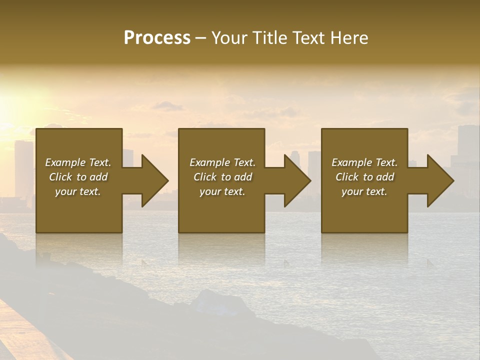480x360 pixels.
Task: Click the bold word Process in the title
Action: [x=157, y=38]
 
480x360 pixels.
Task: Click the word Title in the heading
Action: [x=267, y=38]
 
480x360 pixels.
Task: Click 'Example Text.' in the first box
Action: [x=78, y=162]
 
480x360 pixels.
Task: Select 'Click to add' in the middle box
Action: [x=222, y=177]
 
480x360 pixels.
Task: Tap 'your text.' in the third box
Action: [x=364, y=191]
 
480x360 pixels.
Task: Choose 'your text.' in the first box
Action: [x=78, y=191]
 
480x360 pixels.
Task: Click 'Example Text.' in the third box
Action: [x=364, y=162]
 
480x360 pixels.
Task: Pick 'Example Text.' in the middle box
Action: [x=222, y=162]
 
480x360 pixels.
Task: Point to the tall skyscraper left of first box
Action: [x=23, y=167]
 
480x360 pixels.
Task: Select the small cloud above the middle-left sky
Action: [x=167, y=105]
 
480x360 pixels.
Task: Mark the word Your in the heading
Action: [x=230, y=38]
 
